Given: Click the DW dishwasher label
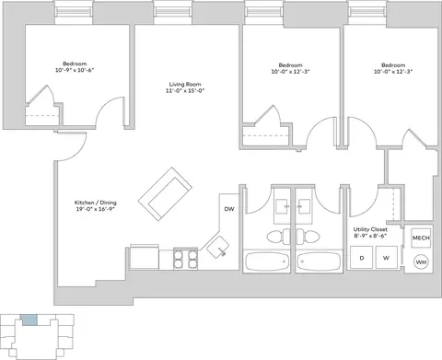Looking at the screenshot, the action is pyautogui.click(x=229, y=209).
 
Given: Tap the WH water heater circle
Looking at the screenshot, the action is pyautogui.click(x=421, y=262).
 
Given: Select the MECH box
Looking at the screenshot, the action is pyautogui.click(x=421, y=238).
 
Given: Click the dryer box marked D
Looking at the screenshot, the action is pyautogui.click(x=362, y=258).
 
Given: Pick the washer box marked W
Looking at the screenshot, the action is pyautogui.click(x=387, y=258).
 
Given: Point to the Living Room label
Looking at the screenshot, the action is pyautogui.click(x=185, y=84).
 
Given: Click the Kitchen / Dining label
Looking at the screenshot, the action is pyautogui.click(x=96, y=203).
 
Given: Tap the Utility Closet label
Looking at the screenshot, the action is pyautogui.click(x=370, y=229).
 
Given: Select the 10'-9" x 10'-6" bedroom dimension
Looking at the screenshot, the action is pyautogui.click(x=75, y=70).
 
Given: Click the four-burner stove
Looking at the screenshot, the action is pyautogui.click(x=185, y=259).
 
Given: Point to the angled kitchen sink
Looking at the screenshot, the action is pyautogui.click(x=217, y=247).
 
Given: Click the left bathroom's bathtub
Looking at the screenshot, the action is pyautogui.click(x=267, y=261).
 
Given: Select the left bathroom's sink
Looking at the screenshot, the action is pyautogui.click(x=282, y=206).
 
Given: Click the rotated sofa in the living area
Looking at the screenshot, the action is pyautogui.click(x=165, y=193).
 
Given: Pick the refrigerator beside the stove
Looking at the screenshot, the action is pyautogui.click(x=145, y=257).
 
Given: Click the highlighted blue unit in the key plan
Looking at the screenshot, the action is pyautogui.click(x=29, y=319).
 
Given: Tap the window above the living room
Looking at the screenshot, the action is pyautogui.click(x=172, y=12).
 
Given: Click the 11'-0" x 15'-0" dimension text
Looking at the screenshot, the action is pyautogui.click(x=185, y=90).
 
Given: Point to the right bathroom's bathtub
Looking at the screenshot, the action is pyautogui.click(x=319, y=261).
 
